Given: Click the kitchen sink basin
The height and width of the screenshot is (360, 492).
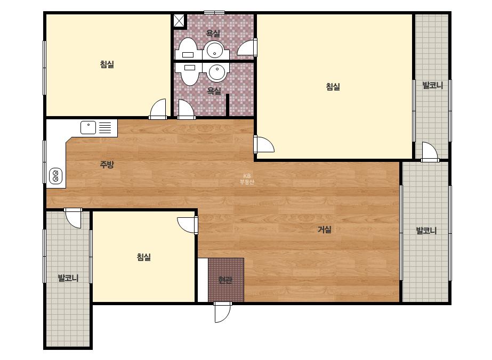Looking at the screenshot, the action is [88, 128].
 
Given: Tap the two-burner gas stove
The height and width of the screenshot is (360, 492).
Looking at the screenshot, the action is [55, 176].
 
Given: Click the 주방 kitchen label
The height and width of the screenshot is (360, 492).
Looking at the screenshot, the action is [107, 165].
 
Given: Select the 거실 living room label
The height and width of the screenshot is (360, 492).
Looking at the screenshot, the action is [325, 230].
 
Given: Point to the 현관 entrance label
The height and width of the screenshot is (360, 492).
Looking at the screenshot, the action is [225, 280].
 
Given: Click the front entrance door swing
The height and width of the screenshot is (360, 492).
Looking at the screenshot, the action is [222, 312].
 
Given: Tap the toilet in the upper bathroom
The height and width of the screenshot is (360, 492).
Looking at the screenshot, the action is [188, 49].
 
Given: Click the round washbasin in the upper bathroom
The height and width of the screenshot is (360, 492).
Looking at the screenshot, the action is [215, 50].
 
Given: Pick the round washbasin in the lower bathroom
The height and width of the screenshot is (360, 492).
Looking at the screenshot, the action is [217, 72].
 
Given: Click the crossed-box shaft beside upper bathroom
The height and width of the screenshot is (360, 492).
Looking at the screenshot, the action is [180, 21].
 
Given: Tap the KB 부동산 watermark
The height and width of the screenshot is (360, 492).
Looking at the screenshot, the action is [247, 179].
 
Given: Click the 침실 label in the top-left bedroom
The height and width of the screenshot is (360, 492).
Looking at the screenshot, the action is [107, 64].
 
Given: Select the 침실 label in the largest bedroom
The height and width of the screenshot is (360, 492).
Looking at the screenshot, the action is [333, 87].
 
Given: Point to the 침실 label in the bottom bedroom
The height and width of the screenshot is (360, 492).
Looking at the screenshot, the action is [144, 257].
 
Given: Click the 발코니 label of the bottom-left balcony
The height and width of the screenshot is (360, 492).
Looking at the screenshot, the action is [68, 278].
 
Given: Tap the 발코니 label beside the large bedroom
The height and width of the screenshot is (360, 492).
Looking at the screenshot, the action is [432, 85].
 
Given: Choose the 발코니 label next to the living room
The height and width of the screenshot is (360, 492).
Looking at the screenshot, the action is [426, 231].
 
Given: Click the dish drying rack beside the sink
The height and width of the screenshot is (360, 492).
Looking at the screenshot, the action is [106, 128].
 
